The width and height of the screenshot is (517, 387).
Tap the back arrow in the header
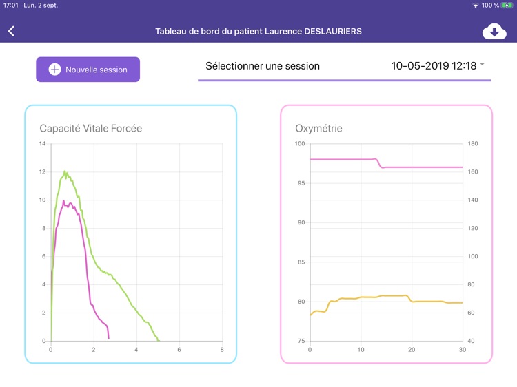(11, 31)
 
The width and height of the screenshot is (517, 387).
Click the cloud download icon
(494, 32)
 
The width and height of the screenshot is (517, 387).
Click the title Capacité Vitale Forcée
(90, 129)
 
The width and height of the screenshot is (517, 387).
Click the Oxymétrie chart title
(318, 129)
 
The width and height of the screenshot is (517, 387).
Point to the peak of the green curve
(65, 171)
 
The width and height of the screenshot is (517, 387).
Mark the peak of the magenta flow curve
(64, 201)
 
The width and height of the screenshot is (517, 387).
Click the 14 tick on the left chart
(42, 144)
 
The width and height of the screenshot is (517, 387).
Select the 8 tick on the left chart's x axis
(222, 350)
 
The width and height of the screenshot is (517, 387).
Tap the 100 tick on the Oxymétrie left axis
(300, 144)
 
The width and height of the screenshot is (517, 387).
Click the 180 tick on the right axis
(473, 144)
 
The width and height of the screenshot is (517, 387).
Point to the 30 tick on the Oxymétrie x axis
(462, 350)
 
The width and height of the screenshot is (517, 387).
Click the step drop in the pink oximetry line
(380, 163)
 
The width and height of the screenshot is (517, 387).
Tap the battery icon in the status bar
(507, 6)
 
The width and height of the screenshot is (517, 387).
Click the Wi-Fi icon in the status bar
(475, 6)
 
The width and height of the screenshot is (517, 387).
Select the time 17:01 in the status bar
(10, 6)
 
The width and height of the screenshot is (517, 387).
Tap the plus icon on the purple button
(54, 70)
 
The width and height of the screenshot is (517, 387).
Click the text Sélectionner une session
(263, 66)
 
